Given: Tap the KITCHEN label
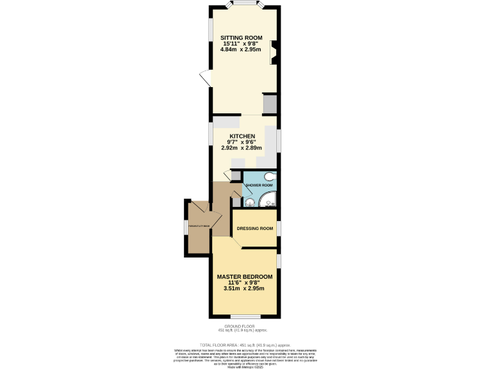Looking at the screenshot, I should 243,136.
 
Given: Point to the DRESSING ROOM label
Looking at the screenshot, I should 255,229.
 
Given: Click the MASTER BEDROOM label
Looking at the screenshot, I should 244,277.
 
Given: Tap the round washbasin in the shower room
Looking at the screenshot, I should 249,202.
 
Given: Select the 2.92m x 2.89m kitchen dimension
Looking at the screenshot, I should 243,149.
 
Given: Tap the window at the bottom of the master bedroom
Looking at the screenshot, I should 245,317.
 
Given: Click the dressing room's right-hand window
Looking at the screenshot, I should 279,228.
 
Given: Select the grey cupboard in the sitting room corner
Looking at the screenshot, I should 270,104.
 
